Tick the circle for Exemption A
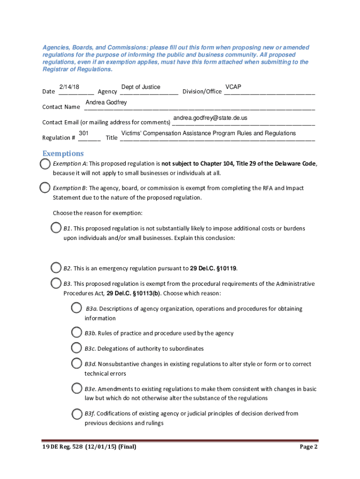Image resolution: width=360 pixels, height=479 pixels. [45, 164]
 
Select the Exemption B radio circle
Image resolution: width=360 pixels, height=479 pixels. [45, 188]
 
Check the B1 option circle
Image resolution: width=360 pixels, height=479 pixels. [56, 228]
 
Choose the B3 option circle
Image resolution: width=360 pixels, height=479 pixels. [56, 283]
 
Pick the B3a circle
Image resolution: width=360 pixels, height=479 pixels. [77, 308]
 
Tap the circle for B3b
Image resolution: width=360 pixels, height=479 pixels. [77, 333]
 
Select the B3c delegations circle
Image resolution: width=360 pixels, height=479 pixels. [77, 348]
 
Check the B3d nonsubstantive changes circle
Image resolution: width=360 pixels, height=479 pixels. [77, 363]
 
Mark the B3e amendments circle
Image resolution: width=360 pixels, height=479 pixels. [77, 388]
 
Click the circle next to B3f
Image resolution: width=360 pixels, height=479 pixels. [77, 414]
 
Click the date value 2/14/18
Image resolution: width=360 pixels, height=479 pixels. [69, 87]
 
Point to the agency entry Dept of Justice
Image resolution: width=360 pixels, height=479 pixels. [141, 87]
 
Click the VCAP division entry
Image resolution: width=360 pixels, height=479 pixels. [233, 87]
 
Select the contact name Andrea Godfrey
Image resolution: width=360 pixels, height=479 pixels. [106, 102]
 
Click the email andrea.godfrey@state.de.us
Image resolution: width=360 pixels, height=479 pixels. [210, 118]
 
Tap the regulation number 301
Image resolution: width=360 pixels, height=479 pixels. [84, 133]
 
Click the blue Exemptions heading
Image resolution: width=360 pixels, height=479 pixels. [63, 153]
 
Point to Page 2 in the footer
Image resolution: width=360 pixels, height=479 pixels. [309, 447]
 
